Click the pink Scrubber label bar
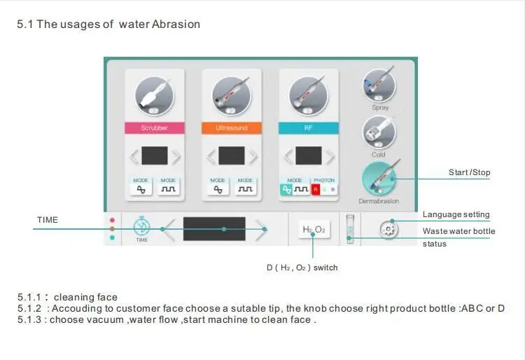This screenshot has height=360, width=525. (x=154, y=128)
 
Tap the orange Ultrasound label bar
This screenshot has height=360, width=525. (x=231, y=128)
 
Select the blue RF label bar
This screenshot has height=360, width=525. (x=308, y=128)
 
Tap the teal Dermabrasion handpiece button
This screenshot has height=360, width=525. (x=380, y=179)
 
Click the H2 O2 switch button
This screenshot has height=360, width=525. (x=314, y=229)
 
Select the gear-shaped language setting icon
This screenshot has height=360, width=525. (x=390, y=229)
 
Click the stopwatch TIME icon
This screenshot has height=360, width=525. (x=142, y=228)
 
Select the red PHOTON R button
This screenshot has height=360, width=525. (x=316, y=189)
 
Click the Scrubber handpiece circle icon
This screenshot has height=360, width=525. (x=154, y=95)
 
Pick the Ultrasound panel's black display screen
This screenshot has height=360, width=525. (x=231, y=155)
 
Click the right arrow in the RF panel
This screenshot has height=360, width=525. (x=330, y=155)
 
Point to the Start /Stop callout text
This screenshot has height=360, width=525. (x=469, y=172)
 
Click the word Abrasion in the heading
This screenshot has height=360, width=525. (x=176, y=25)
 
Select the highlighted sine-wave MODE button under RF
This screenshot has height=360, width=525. (x=286, y=189)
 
